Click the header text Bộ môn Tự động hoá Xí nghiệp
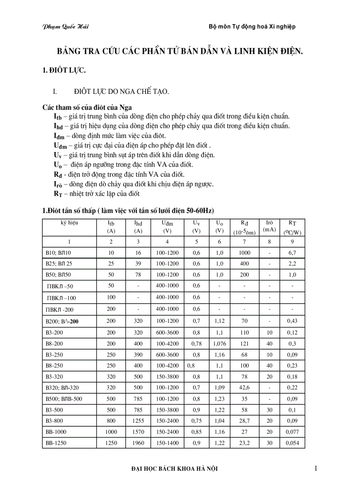(252, 26)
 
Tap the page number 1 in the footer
(316, 469)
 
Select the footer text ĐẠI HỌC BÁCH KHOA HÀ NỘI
(175, 469)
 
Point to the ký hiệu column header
(69, 223)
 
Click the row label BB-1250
(56, 443)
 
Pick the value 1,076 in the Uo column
(219, 343)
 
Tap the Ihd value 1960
(138, 443)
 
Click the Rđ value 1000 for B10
(245, 253)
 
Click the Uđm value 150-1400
(167, 443)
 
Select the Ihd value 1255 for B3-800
(138, 421)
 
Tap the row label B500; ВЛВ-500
(64, 399)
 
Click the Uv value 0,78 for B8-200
(196, 343)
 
